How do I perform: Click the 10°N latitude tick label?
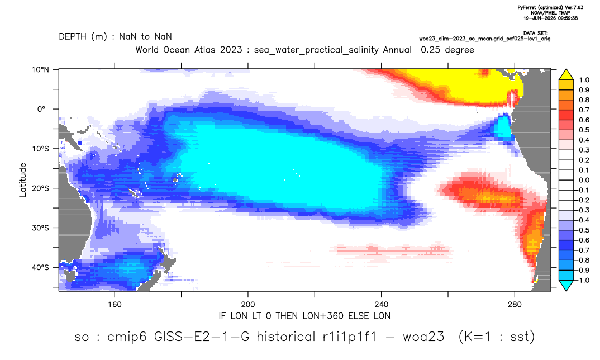[40, 70]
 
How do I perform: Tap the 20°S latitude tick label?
[40, 188]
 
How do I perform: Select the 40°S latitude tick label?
[40, 267]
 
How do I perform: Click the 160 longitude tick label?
[115, 305]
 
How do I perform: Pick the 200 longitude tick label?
[248, 305]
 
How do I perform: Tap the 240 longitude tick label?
[382, 305]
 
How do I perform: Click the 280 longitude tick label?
[515, 305]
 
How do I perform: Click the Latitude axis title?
[23, 180]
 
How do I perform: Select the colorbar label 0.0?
[584, 180]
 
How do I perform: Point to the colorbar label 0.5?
[584, 130]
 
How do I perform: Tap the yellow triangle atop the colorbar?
[566, 75]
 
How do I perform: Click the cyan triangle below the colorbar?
[566, 285]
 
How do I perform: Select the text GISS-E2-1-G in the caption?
[202, 337]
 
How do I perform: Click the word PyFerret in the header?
[527, 8]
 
